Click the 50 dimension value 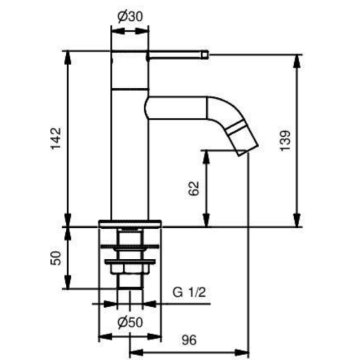coord(58,258)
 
